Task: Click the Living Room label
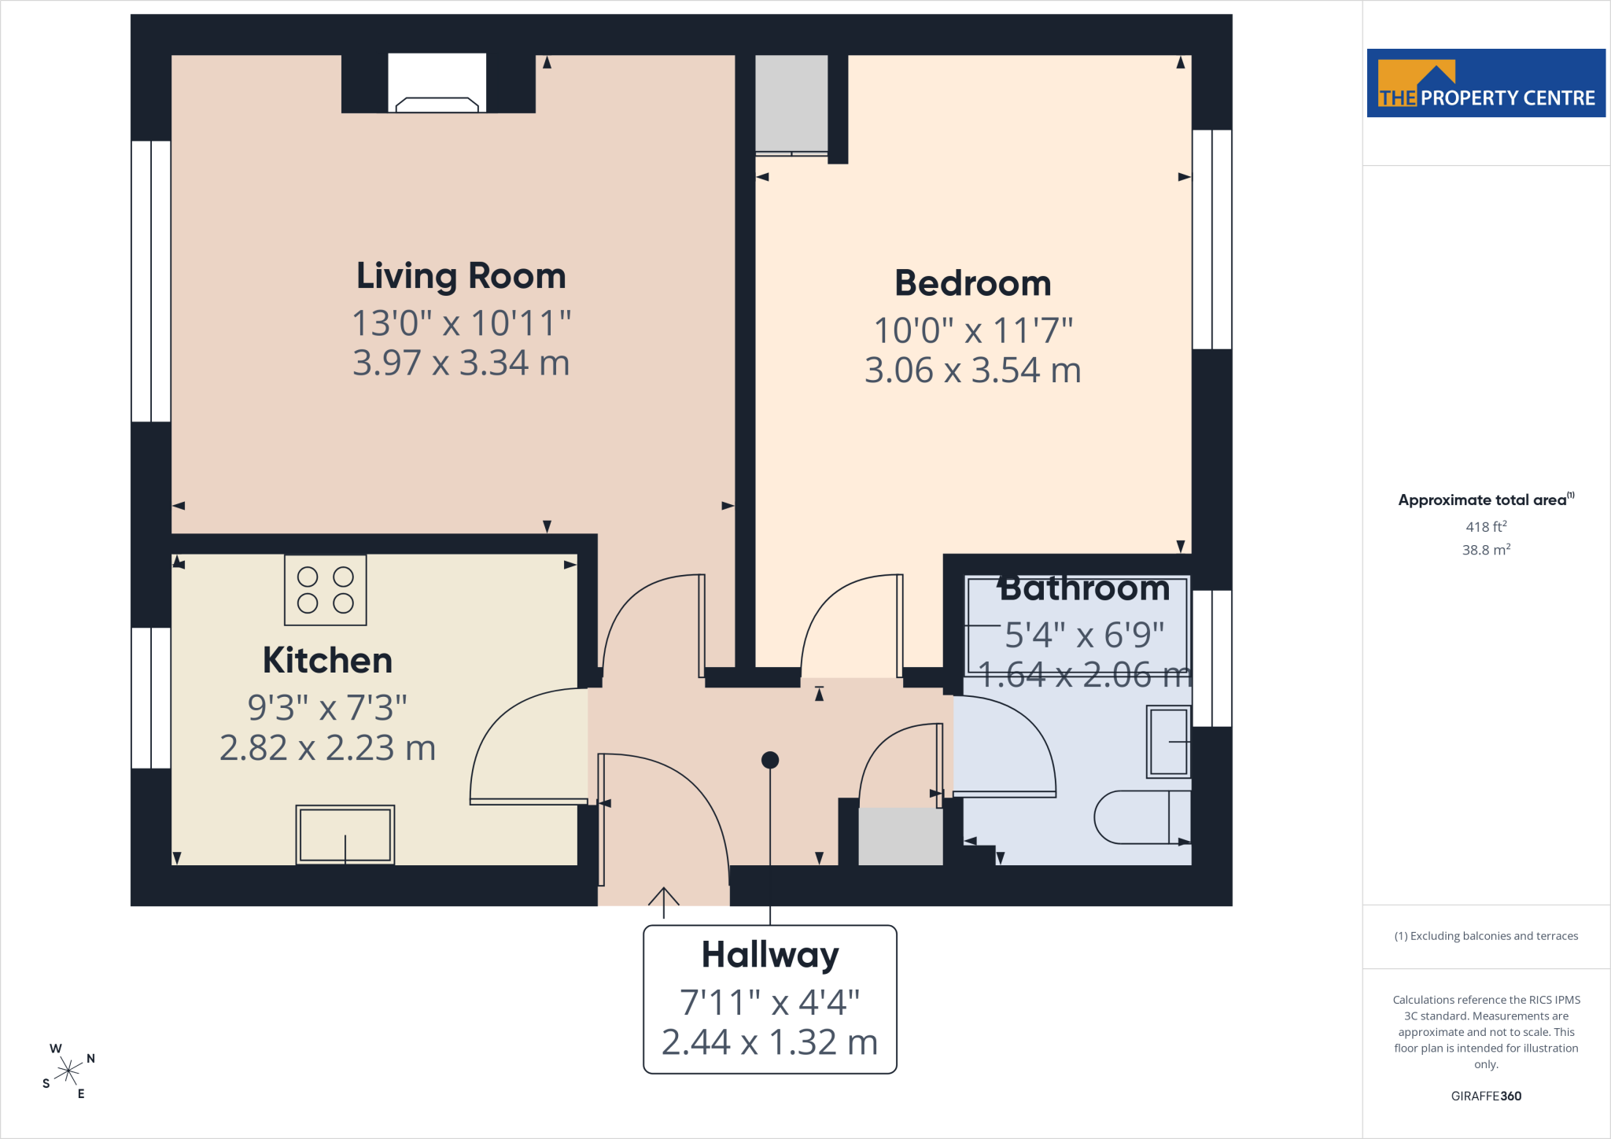(x=461, y=277)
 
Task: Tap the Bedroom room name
(x=973, y=283)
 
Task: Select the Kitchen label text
(x=327, y=660)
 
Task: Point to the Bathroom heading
(x=1084, y=588)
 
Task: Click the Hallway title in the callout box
(x=770, y=956)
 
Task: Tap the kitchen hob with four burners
(x=326, y=590)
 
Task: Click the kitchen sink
(x=345, y=835)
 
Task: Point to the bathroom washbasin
(x=1168, y=742)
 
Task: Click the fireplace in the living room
(x=437, y=83)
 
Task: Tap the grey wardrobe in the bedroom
(x=791, y=104)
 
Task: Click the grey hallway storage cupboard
(x=901, y=836)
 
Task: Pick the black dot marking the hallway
(x=770, y=760)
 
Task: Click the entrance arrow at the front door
(x=664, y=903)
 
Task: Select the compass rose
(x=69, y=1071)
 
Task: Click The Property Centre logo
(x=1486, y=83)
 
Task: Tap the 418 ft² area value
(x=1486, y=526)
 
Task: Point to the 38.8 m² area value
(x=1486, y=549)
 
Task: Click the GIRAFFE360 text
(x=1486, y=1096)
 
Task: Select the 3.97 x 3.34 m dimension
(x=461, y=363)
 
